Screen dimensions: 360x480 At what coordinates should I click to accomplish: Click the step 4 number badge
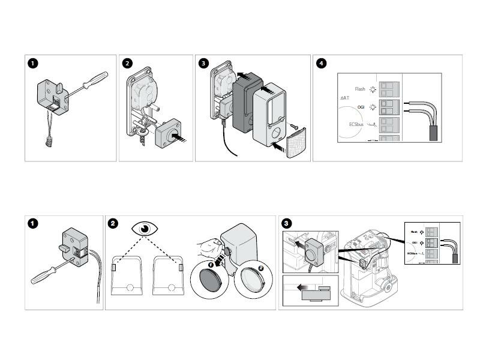tap(322, 64)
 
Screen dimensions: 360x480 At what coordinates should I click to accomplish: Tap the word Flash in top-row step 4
tap(360, 89)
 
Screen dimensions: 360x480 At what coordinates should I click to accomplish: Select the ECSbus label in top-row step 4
tap(356, 124)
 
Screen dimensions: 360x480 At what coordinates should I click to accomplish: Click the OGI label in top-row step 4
tap(361, 107)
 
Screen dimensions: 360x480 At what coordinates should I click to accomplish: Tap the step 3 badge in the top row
tap(204, 64)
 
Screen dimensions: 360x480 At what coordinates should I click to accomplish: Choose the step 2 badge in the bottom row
tap(113, 223)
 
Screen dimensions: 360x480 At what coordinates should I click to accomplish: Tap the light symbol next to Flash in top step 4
tap(373, 89)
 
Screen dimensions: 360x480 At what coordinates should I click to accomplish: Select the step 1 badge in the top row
tap(33, 64)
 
